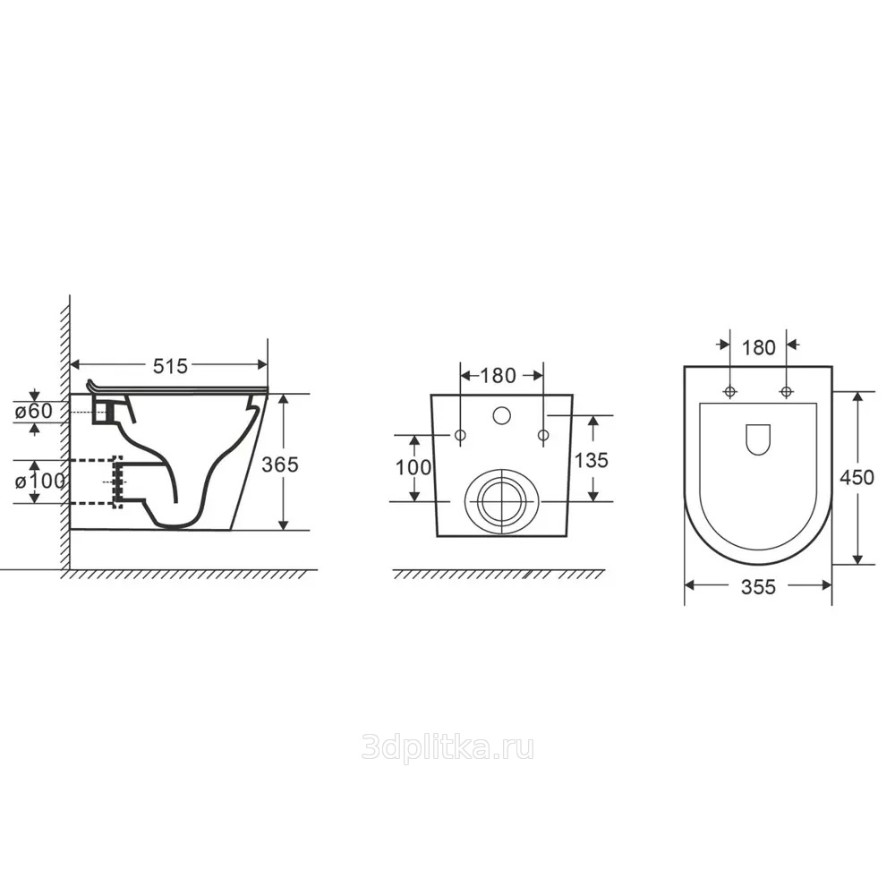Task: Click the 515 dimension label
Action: coord(170,366)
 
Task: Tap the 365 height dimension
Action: coord(279,465)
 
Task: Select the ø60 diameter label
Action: coord(34,411)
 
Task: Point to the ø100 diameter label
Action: coord(40,482)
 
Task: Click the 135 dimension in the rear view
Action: coord(592,459)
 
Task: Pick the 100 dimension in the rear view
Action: coord(413,467)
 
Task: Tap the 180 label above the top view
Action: coord(759,347)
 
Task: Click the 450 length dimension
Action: coord(857,477)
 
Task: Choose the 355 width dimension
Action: coord(758,587)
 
